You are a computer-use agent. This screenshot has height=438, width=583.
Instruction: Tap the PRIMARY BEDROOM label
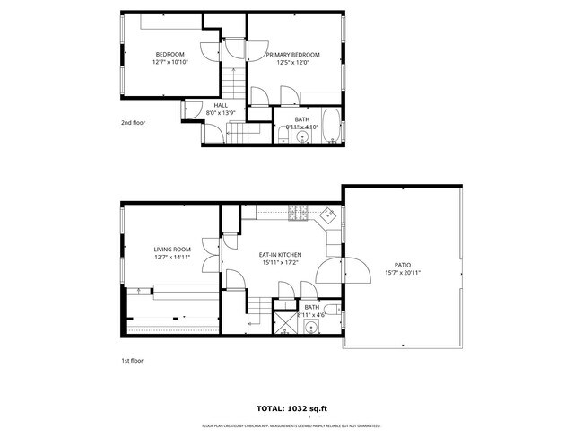click(292, 54)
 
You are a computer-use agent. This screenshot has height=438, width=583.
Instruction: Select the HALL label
click(220, 105)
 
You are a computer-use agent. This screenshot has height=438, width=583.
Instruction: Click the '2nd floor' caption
click(133, 123)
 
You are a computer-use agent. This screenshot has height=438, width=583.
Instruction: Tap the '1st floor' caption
click(132, 360)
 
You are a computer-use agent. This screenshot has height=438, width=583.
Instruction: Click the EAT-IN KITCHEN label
click(281, 255)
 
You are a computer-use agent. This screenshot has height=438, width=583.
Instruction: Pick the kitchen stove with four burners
click(297, 214)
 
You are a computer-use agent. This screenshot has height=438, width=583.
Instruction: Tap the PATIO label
click(403, 265)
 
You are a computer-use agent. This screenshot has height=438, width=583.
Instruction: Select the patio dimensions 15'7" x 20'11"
click(403, 273)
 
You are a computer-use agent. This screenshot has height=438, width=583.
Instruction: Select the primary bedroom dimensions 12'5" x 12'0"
click(292, 63)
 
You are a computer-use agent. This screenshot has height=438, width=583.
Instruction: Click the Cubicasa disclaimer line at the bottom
click(291, 425)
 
